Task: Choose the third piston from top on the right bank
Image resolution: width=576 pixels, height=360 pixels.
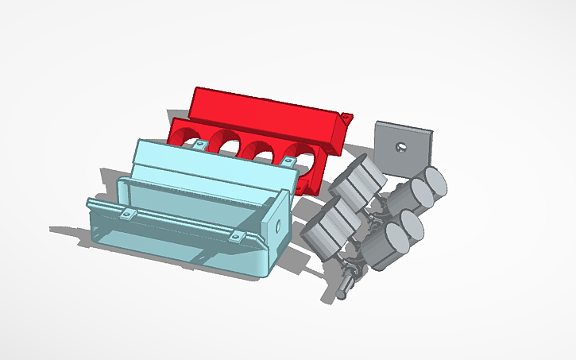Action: [x=412, y=226]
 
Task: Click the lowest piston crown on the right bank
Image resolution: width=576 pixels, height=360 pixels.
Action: [x=394, y=238]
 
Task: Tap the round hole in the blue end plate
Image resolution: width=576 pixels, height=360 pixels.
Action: [x=278, y=226]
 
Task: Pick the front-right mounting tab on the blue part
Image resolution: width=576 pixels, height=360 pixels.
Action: [x=235, y=238]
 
